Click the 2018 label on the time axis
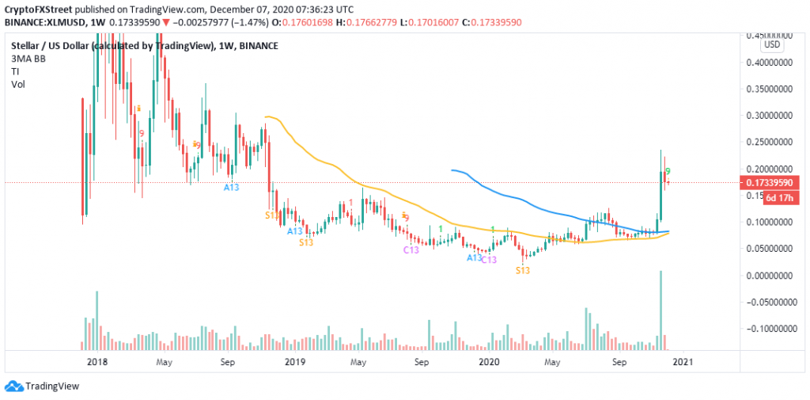(x=97, y=361)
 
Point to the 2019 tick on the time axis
(x=293, y=361)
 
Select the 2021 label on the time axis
(x=682, y=361)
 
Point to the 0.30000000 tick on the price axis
(x=771, y=115)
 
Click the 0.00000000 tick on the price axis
(x=771, y=276)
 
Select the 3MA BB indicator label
(x=32, y=59)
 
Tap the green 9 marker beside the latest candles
(x=668, y=170)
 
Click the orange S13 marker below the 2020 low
(x=523, y=270)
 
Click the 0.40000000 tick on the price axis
(x=771, y=62)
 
